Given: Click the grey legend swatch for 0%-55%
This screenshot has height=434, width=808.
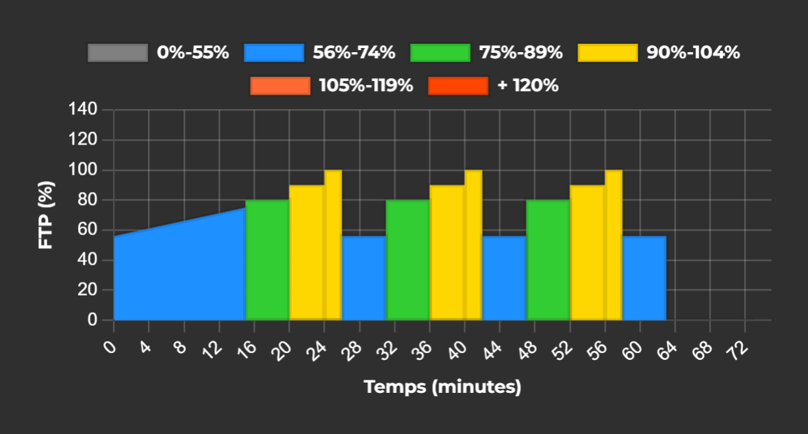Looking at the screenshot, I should [118, 53].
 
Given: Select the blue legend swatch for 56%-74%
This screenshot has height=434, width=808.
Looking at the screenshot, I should [274, 53].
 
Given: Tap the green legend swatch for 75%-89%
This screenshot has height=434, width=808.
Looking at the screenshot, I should [440, 53].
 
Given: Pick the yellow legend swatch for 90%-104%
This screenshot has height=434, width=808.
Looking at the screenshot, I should [608, 53].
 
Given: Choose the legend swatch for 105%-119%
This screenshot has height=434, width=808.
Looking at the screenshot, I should [280, 86].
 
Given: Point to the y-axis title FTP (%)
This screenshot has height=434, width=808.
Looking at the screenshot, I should [46, 215].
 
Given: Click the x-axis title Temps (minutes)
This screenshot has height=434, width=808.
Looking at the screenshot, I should [442, 387].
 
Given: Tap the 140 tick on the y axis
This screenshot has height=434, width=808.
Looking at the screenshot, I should [86, 110].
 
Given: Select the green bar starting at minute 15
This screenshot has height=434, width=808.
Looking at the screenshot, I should [267, 261].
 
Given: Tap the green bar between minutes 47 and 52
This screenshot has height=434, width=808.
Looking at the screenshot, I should [548, 261].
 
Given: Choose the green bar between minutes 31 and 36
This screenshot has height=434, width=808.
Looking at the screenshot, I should [407, 261].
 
